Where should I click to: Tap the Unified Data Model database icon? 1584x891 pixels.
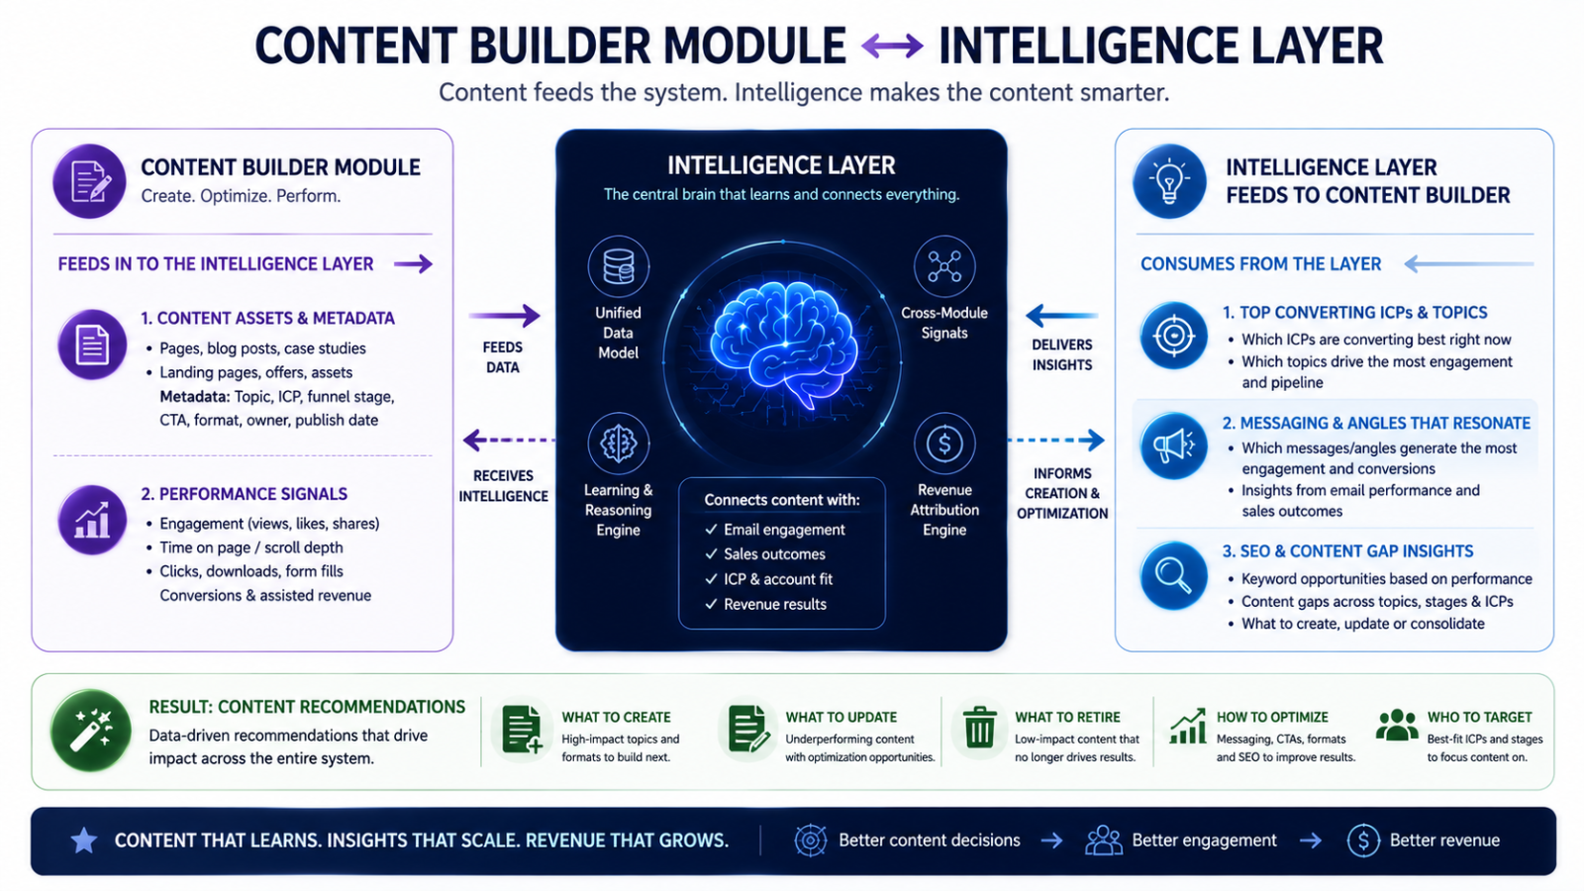pyautogui.click(x=618, y=266)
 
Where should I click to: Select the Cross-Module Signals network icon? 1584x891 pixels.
pyautogui.click(x=944, y=266)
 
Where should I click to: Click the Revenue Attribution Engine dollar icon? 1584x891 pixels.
pyautogui.click(x=944, y=444)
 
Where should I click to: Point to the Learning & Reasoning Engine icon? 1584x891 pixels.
pyautogui.click(x=618, y=444)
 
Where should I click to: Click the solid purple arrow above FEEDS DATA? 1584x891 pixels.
pyautogui.click(x=504, y=316)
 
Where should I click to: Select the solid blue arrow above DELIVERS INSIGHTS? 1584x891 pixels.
pyautogui.click(x=1061, y=316)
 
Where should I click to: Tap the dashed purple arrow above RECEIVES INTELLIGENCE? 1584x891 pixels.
pyautogui.click(x=509, y=440)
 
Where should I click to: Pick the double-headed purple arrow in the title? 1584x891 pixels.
pyautogui.click(x=892, y=47)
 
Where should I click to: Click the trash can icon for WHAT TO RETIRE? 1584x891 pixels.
pyautogui.click(x=979, y=727)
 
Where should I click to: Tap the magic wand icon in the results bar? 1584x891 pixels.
pyautogui.click(x=90, y=731)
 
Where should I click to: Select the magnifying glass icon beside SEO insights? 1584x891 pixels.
pyautogui.click(x=1172, y=575)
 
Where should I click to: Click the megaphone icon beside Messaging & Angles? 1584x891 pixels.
pyautogui.click(x=1172, y=445)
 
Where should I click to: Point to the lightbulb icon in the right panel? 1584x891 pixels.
pyautogui.click(x=1169, y=181)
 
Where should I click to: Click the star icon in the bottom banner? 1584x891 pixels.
pyautogui.click(x=84, y=841)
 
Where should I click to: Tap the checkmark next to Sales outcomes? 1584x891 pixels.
pyautogui.click(x=712, y=553)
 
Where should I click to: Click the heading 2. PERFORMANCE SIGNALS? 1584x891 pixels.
pyautogui.click(x=244, y=494)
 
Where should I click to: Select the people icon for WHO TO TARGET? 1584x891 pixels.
pyautogui.click(x=1397, y=726)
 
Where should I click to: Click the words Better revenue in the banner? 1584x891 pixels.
pyautogui.click(x=1444, y=841)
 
